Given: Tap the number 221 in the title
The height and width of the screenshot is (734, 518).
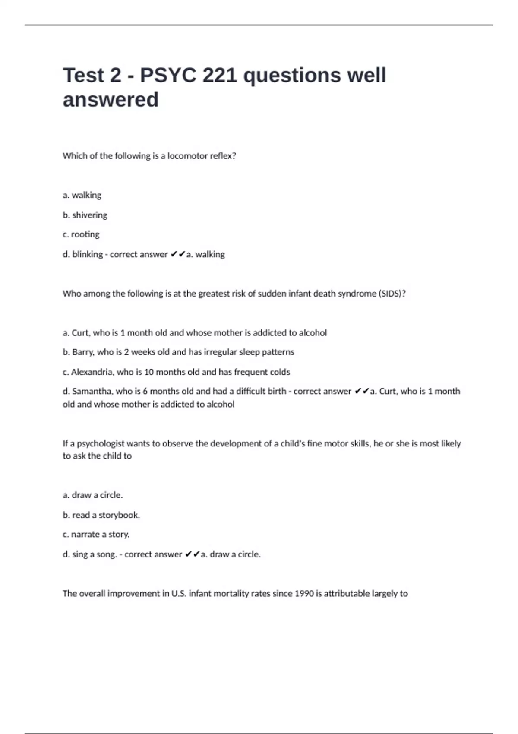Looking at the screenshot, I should [x=220, y=76].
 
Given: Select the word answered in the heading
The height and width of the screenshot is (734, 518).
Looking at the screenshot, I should [x=111, y=100].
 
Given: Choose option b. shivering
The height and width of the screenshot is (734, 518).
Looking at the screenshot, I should [x=85, y=215].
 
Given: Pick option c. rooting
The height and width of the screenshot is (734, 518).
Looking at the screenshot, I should [x=81, y=234].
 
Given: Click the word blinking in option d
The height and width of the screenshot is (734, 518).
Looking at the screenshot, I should [x=88, y=254].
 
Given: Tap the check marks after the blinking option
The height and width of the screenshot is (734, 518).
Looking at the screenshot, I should [x=178, y=254].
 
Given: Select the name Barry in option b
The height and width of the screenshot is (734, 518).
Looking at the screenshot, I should [x=83, y=352].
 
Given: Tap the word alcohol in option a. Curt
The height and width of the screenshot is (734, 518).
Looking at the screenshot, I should [x=313, y=333].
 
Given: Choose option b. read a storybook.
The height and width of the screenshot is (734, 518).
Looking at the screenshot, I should [x=101, y=515].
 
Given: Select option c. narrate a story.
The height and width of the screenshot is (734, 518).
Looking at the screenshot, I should [x=96, y=535].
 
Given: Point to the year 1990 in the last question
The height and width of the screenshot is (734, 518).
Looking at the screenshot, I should [x=304, y=594].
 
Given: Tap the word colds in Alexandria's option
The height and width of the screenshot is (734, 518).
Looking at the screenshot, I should [x=280, y=372].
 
